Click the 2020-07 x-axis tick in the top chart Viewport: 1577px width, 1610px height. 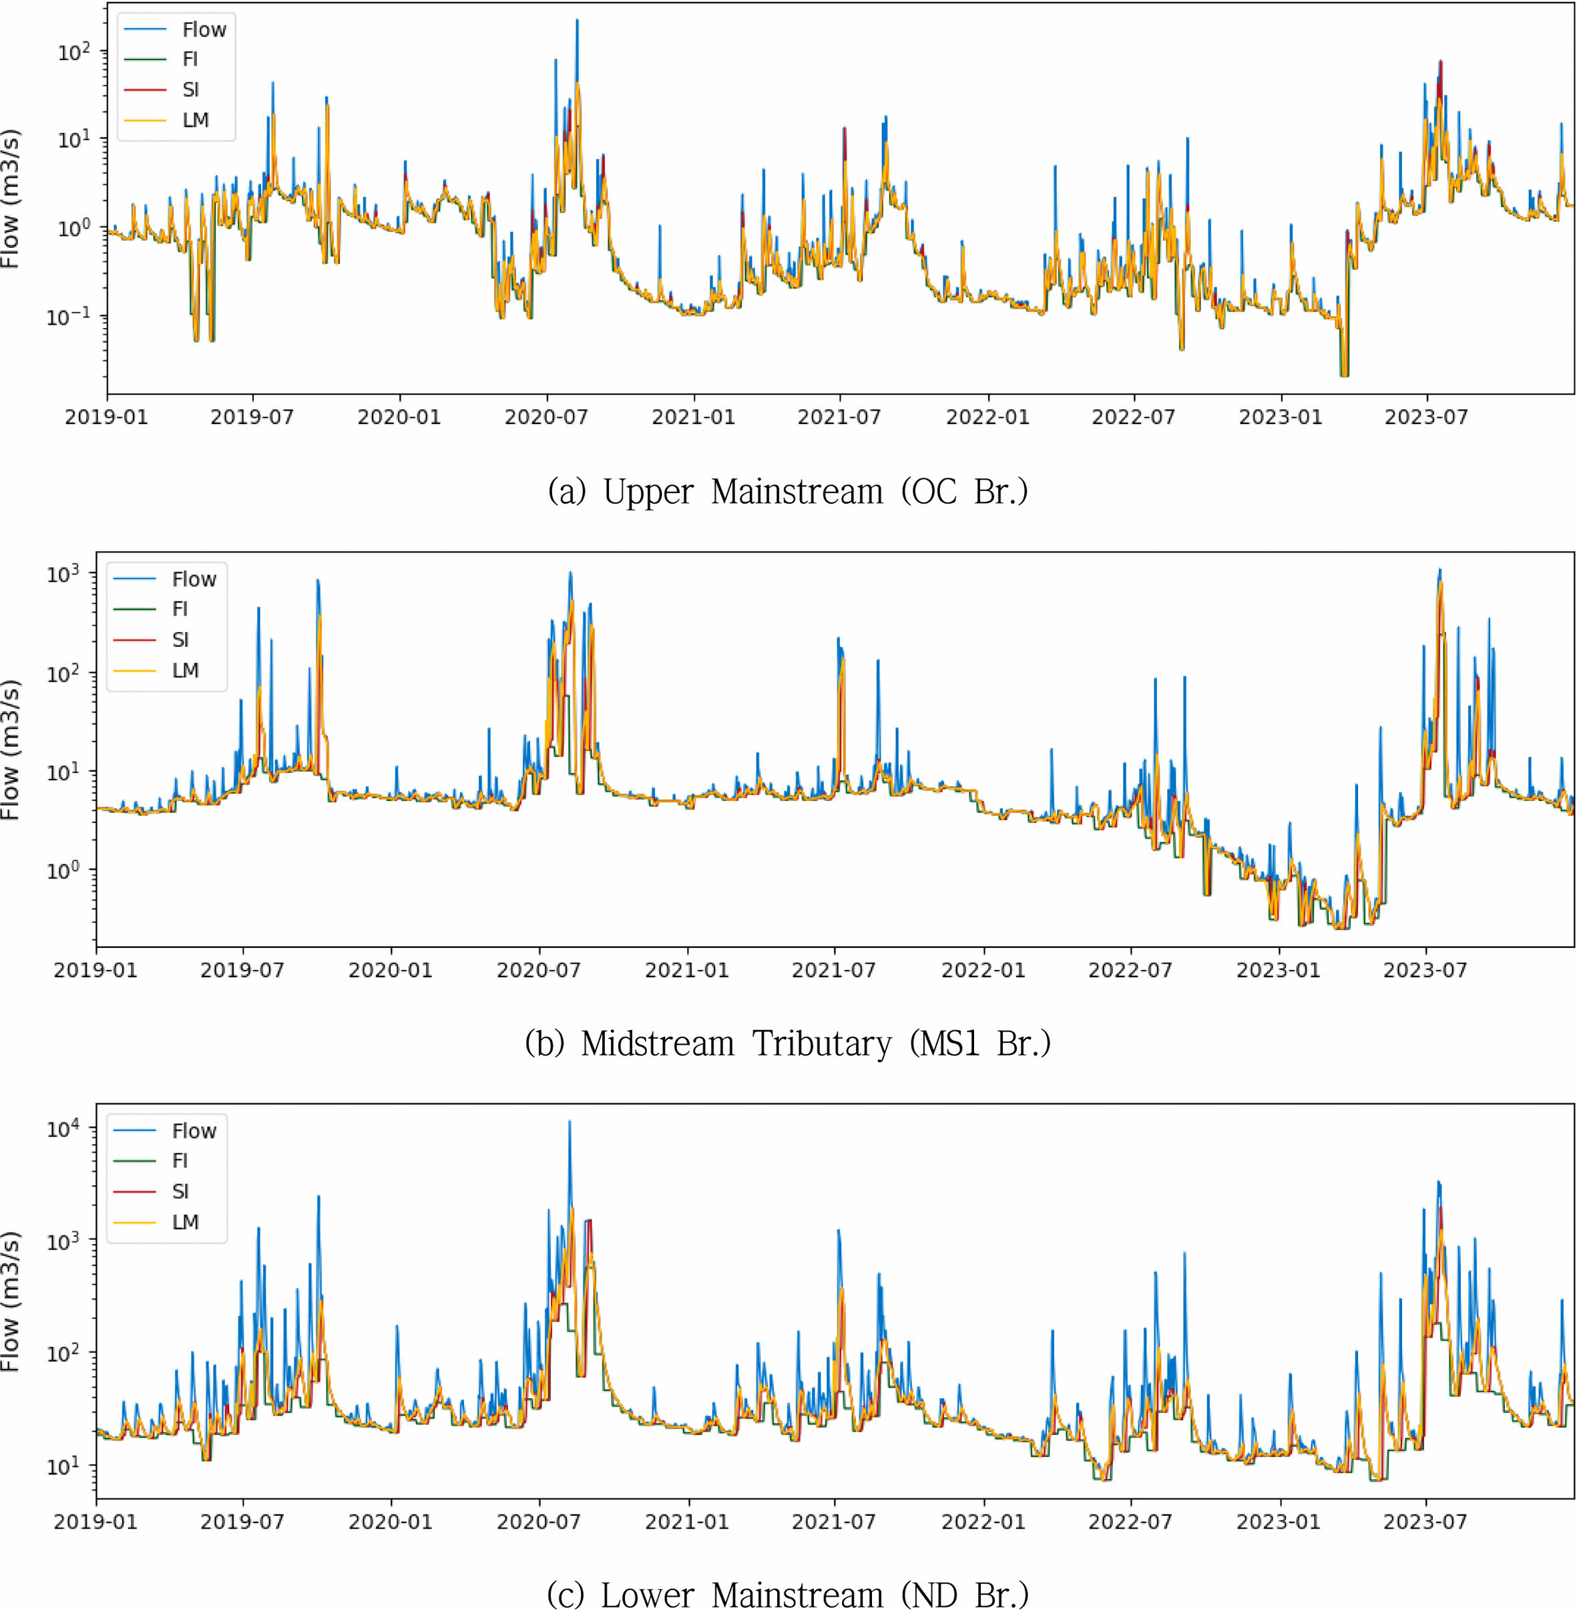pos(546,417)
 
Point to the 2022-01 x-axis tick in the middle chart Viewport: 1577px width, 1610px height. pos(983,969)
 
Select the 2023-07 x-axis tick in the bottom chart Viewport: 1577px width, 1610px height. pos(1425,1521)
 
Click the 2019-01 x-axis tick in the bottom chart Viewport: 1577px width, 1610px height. pos(96,1521)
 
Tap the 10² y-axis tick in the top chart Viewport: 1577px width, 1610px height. pos(73,52)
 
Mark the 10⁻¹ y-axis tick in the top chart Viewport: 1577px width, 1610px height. pos(68,317)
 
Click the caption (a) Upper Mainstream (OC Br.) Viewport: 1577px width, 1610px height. pos(788,492)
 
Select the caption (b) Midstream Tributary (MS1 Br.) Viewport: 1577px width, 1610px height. pos(788,1043)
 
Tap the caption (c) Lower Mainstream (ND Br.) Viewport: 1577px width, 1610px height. pos(788,1593)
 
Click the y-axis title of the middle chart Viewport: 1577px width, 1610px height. pos(11,750)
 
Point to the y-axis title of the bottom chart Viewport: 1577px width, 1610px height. pos(11,1301)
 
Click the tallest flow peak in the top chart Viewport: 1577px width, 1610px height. pos(578,21)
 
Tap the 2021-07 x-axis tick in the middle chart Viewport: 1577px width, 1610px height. pos(834,969)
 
